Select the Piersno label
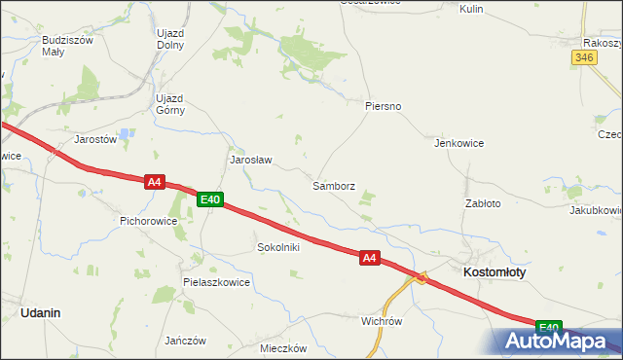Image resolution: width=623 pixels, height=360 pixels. [384, 105]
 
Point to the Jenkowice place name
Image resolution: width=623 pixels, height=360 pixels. [459, 142]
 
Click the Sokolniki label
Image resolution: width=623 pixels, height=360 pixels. [277, 247]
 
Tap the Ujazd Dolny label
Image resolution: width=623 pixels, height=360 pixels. [170, 38]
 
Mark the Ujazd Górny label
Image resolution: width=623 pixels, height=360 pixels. [169, 104]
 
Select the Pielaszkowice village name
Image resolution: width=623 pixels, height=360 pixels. [216, 282]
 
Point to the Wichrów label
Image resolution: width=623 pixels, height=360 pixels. [382, 320]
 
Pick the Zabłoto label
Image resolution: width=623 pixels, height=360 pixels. [483, 203]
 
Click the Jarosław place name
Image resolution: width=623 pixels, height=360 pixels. [250, 159]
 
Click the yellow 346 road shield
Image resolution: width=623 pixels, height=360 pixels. [584, 58]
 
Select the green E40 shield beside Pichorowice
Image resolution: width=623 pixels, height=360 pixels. [210, 200]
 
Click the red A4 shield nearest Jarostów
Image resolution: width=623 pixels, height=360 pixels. [154, 181]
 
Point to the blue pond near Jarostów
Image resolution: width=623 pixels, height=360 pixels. [125, 134]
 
